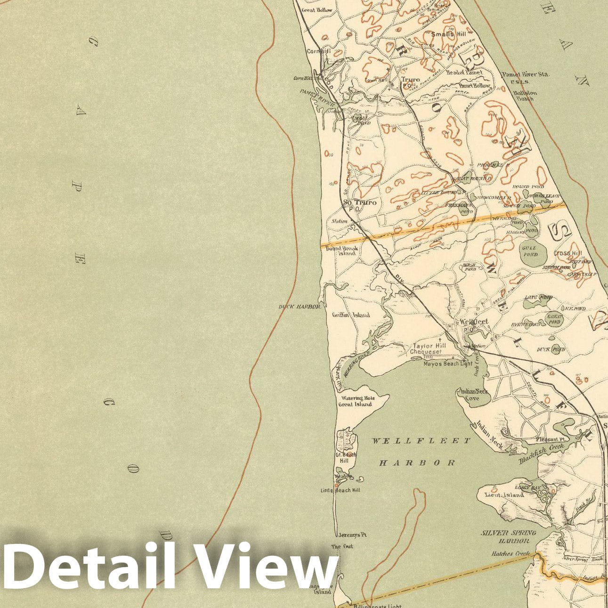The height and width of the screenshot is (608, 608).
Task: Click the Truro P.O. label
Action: [x=410, y=80]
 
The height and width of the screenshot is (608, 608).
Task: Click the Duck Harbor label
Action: [x=300, y=307]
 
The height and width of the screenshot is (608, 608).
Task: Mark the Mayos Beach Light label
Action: [x=447, y=364]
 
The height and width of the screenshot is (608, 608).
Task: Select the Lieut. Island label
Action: [x=504, y=495]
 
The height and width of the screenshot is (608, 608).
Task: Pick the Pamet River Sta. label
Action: [x=525, y=75]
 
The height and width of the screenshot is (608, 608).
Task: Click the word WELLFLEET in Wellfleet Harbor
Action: [x=421, y=441]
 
